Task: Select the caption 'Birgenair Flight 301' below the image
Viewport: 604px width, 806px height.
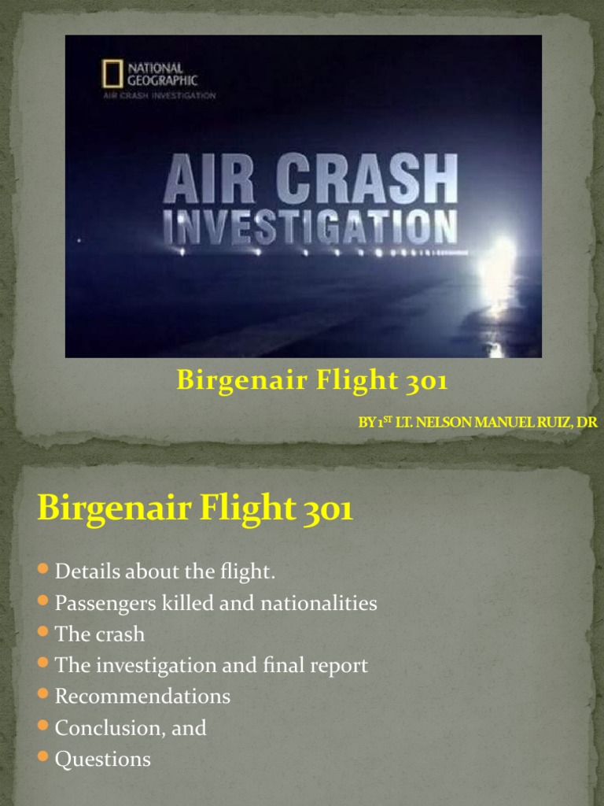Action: click(312, 382)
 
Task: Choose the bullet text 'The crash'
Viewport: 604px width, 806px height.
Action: click(100, 634)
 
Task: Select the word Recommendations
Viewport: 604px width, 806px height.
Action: click(142, 697)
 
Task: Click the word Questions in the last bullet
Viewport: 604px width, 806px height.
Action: click(102, 760)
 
